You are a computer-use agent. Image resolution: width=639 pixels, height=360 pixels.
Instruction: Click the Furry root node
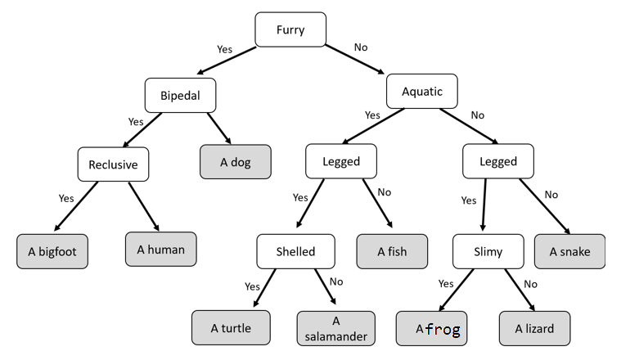[x=290, y=30]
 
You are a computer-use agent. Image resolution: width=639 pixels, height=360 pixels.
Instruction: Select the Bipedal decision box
[x=181, y=95]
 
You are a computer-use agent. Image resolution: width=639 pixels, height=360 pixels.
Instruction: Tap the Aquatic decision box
[x=421, y=92]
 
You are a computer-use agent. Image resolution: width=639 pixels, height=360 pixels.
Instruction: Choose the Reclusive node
[x=114, y=164]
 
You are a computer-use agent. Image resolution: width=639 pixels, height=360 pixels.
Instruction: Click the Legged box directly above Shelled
[x=341, y=161]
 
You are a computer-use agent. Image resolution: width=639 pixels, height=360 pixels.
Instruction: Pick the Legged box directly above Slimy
[x=497, y=161]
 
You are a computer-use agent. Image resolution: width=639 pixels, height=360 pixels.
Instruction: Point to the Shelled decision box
[x=295, y=251]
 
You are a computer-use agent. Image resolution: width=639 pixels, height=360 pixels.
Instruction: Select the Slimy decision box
[x=488, y=251]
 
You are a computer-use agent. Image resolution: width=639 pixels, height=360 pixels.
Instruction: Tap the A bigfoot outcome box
[x=52, y=251]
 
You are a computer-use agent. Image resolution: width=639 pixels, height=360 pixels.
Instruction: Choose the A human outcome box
[x=160, y=249]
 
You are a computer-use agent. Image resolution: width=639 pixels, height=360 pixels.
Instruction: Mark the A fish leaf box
[x=391, y=251]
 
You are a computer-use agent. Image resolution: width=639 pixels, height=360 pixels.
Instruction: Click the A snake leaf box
[x=570, y=251]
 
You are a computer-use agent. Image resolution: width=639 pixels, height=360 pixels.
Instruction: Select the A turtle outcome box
[x=230, y=328]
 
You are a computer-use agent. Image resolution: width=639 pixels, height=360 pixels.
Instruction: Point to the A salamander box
[x=335, y=328]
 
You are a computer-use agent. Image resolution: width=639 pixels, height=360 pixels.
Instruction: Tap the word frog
[x=443, y=330]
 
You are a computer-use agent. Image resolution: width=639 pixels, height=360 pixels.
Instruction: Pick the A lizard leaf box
[x=534, y=328]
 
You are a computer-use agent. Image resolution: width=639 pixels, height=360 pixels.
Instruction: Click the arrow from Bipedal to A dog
[x=217, y=128]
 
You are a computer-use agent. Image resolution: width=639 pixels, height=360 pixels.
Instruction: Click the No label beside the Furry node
[x=361, y=47]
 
